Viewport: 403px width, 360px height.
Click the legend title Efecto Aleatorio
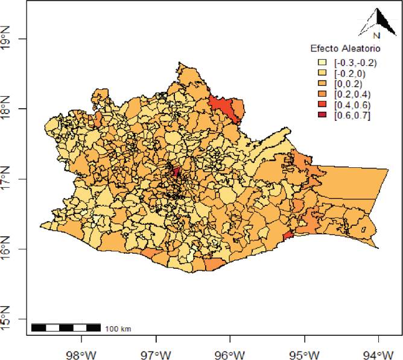click(x=340, y=48)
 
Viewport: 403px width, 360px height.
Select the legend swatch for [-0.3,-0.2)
click(x=323, y=62)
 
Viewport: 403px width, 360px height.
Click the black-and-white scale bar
click(x=66, y=328)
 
